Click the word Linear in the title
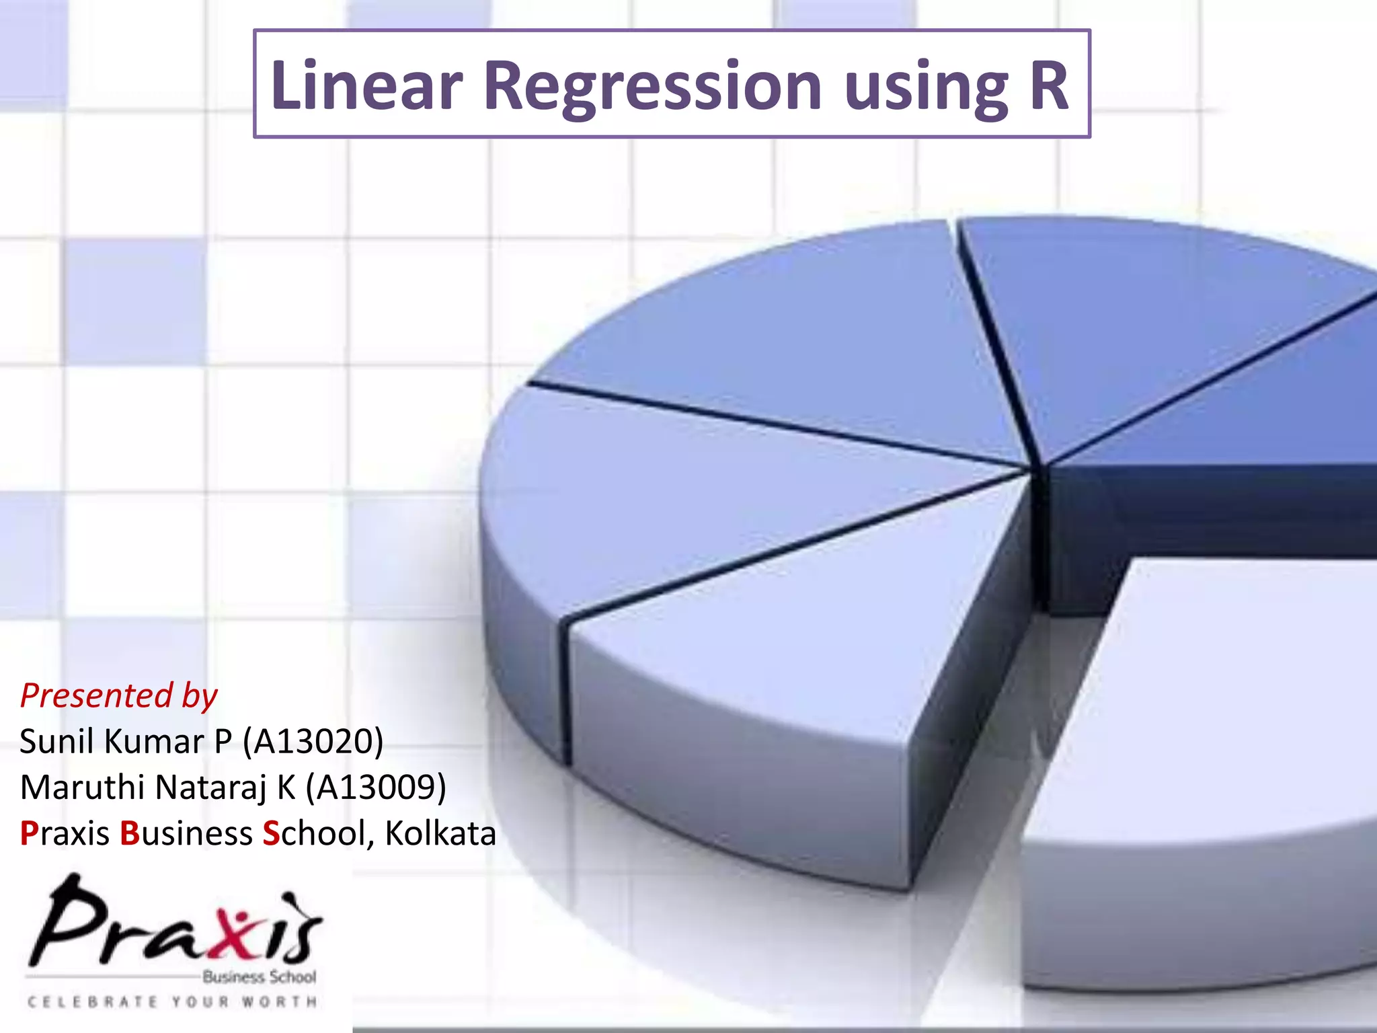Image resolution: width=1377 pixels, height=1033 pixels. (x=366, y=85)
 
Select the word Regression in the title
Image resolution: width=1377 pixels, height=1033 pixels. (x=652, y=85)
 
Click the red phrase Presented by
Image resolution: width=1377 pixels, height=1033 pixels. (x=119, y=695)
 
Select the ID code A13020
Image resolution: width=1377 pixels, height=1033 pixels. (x=313, y=741)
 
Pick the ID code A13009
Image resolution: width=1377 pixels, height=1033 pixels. (x=376, y=787)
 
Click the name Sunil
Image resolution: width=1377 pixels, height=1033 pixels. (x=58, y=741)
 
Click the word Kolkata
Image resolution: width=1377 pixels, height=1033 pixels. (x=440, y=833)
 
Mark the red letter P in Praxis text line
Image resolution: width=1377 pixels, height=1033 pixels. (x=29, y=833)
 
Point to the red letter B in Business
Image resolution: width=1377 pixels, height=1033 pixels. (x=129, y=833)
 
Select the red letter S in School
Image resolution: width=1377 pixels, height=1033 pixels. (x=271, y=833)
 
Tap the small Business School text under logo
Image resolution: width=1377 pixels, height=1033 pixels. (x=259, y=977)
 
